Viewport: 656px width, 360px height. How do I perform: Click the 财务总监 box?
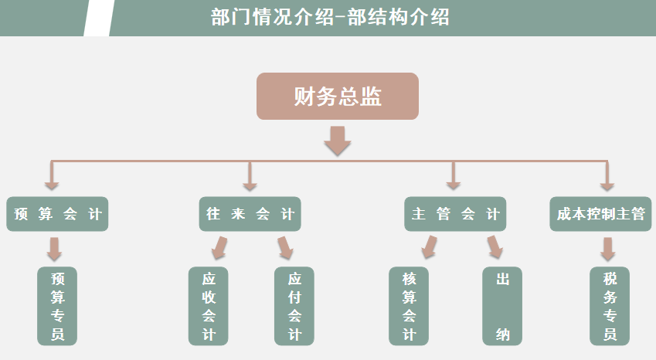tap(338, 97)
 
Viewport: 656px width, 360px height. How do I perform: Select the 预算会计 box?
tap(57, 214)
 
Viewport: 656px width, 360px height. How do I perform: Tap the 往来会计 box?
tap(250, 214)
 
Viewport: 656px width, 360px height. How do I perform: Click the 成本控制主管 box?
tap(600, 214)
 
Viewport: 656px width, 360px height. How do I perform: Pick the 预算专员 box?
tap(57, 306)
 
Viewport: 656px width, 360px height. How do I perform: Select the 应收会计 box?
tap(209, 306)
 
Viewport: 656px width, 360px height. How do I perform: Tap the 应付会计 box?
tap(294, 306)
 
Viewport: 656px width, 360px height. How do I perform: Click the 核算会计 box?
tap(408, 306)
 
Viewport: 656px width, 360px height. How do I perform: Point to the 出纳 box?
tap(502, 306)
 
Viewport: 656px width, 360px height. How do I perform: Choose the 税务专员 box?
tap(610, 306)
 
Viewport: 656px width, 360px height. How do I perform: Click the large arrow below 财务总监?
tap(338, 140)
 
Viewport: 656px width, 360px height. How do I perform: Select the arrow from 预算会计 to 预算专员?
tap(54, 249)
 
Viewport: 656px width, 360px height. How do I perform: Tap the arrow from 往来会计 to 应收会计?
tap(219, 247)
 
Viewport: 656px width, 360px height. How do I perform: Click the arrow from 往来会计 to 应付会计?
tap(285, 247)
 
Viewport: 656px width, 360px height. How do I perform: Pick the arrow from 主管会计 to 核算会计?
tap(428, 247)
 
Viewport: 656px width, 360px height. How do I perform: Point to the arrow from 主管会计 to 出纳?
tap(495, 247)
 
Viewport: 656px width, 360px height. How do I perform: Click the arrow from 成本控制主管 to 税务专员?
tap(608, 249)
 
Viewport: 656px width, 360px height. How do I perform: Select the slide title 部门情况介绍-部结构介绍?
tap(330, 18)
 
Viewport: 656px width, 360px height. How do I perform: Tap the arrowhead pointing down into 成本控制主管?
tap(607, 185)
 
